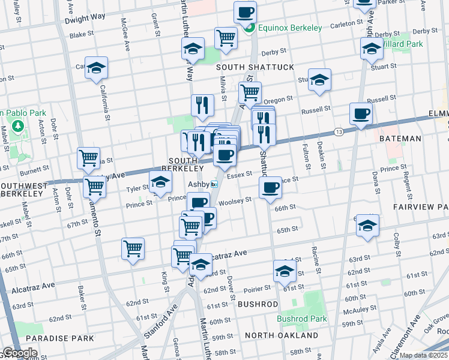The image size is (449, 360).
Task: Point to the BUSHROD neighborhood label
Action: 258,304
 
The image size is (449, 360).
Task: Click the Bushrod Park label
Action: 302,319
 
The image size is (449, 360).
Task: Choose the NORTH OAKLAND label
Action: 281,335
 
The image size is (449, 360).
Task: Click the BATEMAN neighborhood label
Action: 400,139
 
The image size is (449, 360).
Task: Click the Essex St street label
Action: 239,173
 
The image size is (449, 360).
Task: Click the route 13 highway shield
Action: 339,131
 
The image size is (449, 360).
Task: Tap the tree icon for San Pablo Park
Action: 16,126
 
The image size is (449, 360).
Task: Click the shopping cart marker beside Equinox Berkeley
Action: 226,37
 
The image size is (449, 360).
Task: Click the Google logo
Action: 19,353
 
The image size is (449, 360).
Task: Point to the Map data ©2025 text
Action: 424,355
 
